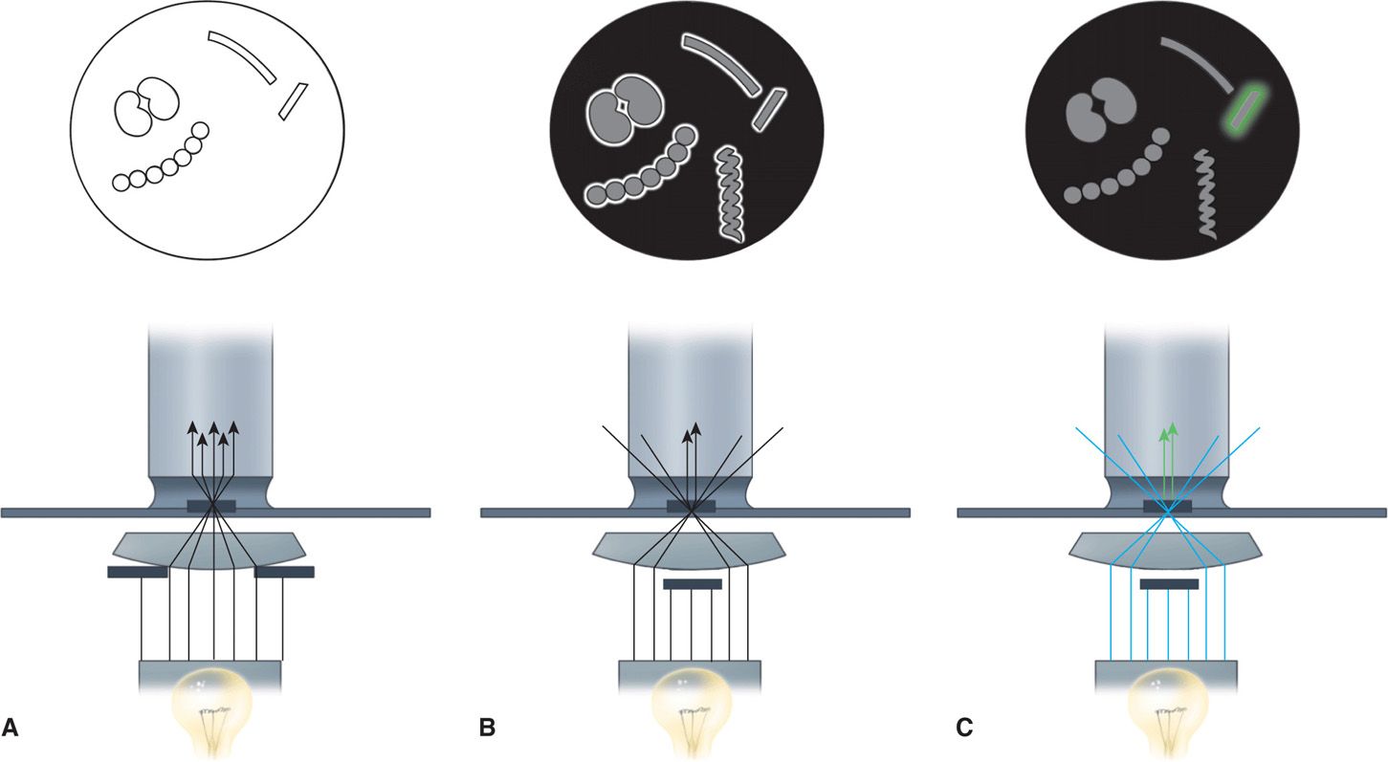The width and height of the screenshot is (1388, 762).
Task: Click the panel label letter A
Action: [11, 729]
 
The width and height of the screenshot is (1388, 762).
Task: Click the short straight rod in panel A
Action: [293, 101]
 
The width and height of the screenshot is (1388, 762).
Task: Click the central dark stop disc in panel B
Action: [692, 583]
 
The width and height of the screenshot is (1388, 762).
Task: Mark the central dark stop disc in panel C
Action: [1169, 583]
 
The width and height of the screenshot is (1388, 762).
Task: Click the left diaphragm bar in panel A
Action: [137, 572]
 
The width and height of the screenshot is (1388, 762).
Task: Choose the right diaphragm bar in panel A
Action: [284, 572]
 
